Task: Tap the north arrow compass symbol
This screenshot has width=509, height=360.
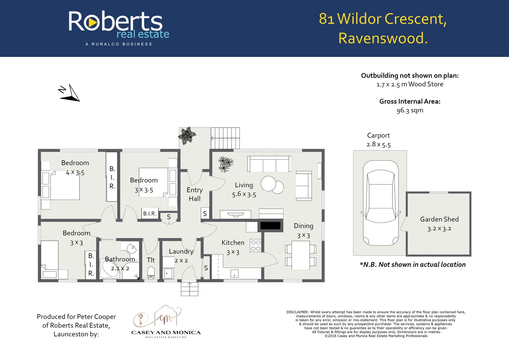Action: (x=70, y=93)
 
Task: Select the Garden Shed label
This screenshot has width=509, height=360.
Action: (x=439, y=219)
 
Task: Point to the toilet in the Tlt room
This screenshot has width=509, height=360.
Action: (x=151, y=272)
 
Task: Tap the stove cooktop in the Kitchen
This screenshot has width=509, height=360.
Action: (x=255, y=246)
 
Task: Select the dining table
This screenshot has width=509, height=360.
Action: (x=300, y=255)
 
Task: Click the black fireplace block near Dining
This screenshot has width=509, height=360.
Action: (x=270, y=226)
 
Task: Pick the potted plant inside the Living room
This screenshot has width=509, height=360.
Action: (x=226, y=164)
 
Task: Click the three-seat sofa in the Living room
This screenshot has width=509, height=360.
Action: (x=269, y=164)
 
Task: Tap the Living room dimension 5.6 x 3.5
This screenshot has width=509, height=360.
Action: (x=244, y=194)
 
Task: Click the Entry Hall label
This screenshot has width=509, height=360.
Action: (x=195, y=194)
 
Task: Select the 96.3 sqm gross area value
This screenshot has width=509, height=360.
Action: (x=409, y=110)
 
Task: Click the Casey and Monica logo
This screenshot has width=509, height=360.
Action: (x=166, y=322)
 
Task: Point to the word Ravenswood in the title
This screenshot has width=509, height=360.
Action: (x=383, y=38)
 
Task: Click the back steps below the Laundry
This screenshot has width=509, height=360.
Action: (x=190, y=289)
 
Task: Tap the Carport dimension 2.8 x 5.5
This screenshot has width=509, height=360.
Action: (x=378, y=144)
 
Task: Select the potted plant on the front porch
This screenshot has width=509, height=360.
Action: (x=187, y=135)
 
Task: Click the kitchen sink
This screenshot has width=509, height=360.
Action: (x=235, y=274)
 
